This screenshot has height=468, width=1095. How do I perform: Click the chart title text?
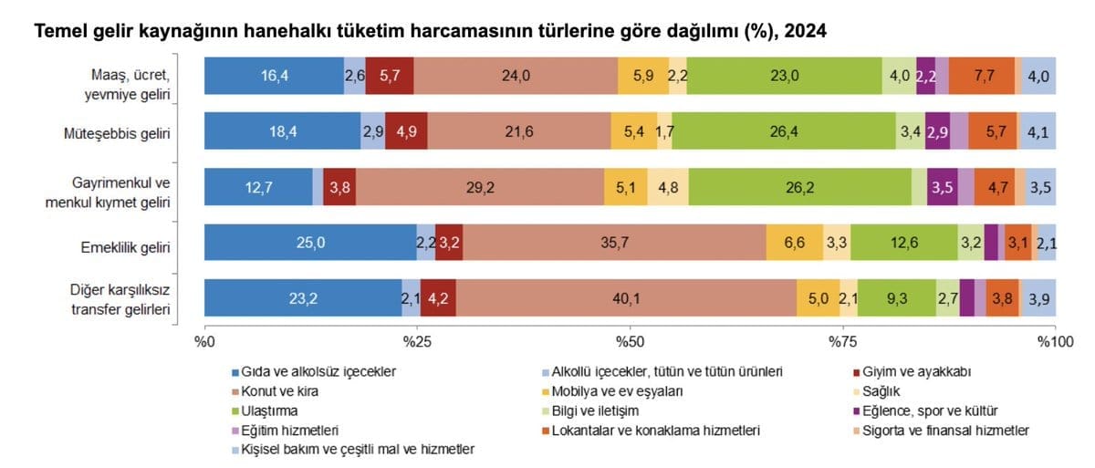pyautogui.click(x=431, y=32)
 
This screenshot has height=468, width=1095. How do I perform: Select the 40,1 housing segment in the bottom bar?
pyautogui.click(x=625, y=298)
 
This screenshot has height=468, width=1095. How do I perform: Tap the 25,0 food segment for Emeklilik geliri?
pyautogui.click(x=310, y=243)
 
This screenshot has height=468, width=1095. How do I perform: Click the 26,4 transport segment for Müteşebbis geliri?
pyautogui.click(x=784, y=132)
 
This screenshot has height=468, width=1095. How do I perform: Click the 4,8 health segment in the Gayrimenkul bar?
pyautogui.click(x=668, y=187)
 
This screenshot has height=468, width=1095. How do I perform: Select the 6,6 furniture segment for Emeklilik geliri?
pyautogui.click(x=795, y=243)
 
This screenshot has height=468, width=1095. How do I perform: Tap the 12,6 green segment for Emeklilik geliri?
pyautogui.click(x=903, y=243)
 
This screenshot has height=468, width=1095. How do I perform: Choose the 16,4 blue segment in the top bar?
pyautogui.click(x=274, y=76)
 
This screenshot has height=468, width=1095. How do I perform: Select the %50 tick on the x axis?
pyautogui.click(x=630, y=341)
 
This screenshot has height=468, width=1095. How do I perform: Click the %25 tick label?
pyautogui.click(x=417, y=341)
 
